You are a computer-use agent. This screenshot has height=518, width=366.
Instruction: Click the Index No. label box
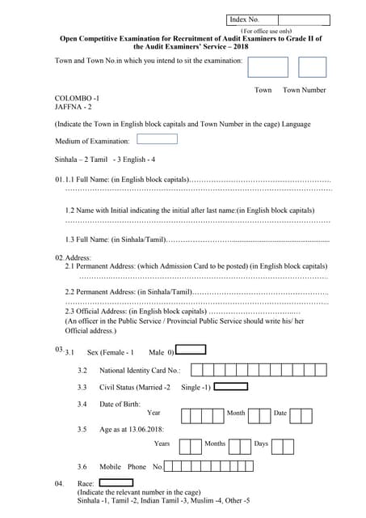pos(250,19)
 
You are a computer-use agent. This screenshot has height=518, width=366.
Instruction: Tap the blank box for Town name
pos(267,67)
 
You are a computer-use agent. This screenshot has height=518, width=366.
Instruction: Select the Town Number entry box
pos(312,67)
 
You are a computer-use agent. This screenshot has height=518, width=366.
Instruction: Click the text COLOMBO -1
pos(77,97)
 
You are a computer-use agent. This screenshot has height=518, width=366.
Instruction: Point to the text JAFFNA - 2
pos(74,106)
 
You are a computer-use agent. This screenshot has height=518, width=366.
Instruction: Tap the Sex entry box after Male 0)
pos(191,350)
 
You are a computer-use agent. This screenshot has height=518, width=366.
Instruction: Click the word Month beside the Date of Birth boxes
pos(236,413)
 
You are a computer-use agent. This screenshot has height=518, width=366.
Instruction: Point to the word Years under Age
pos(162,444)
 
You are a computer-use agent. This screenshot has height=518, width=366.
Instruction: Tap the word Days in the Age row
pos(261,444)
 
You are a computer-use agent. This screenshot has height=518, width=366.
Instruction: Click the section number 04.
pos(60,483)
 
